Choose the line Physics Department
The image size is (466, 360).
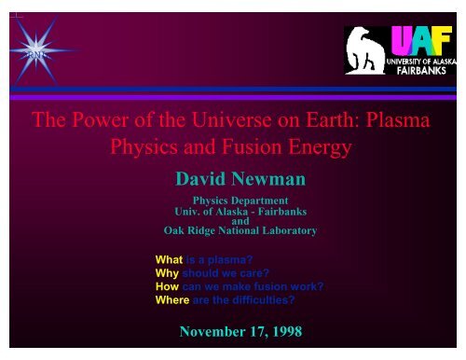point(240,200)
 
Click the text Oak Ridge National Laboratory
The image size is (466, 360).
point(240,230)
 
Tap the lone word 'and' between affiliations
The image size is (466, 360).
point(240,220)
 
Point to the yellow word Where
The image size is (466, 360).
point(172,299)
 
